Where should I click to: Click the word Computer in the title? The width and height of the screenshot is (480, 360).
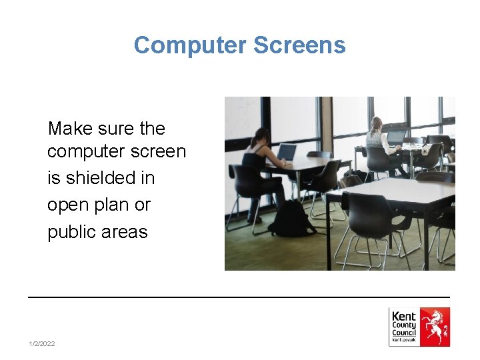(x=190, y=45)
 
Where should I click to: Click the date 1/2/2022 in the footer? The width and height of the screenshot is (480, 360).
(x=42, y=343)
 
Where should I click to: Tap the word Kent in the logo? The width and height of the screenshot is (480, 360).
(x=403, y=316)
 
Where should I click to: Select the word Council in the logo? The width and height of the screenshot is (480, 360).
(x=404, y=332)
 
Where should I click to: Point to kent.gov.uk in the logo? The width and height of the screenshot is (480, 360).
(x=404, y=341)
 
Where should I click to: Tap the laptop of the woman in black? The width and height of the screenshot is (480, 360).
(x=286, y=153)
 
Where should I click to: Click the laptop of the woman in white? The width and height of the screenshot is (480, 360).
(x=395, y=136)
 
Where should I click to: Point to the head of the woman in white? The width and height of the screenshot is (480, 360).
(x=377, y=123)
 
